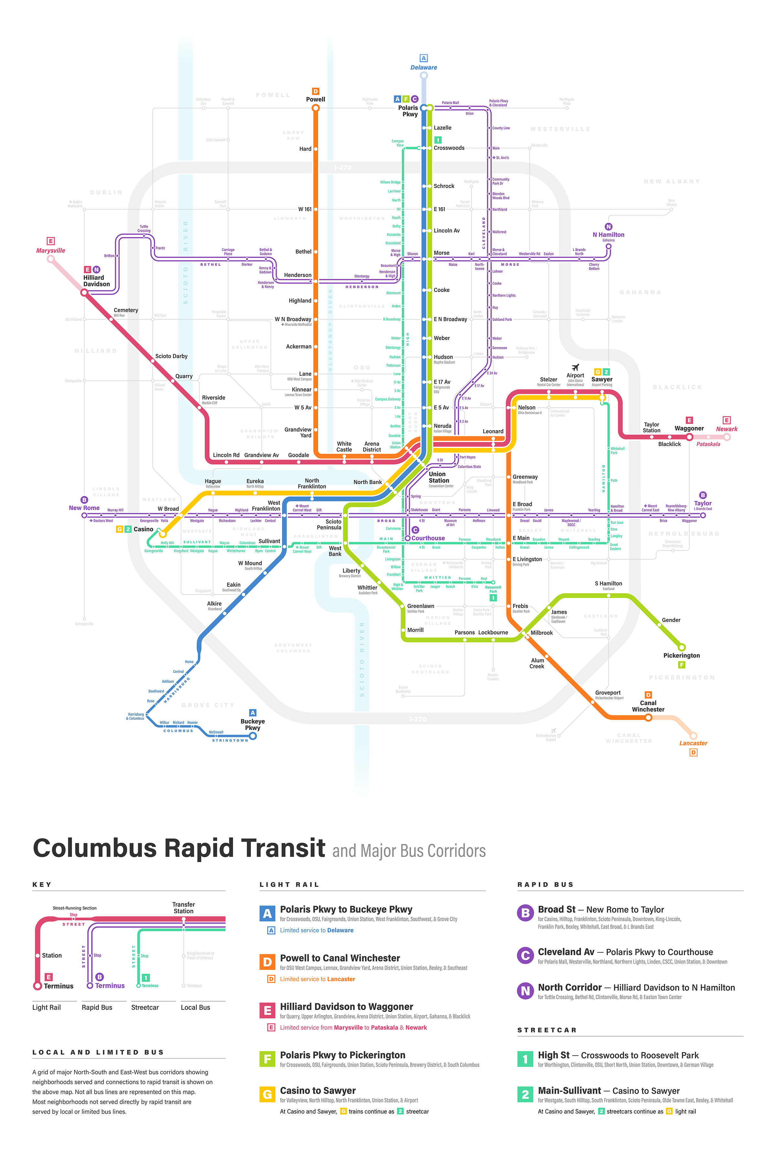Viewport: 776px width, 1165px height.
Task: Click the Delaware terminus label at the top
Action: click(424, 67)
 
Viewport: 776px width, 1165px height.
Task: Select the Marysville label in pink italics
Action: click(50, 250)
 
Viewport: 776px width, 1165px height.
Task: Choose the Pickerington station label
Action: click(682, 655)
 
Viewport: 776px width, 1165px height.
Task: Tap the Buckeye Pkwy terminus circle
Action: click(253, 736)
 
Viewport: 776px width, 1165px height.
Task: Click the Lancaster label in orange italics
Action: click(693, 743)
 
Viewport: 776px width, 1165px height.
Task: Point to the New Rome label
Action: click(84, 508)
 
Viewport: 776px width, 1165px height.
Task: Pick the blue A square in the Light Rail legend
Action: click(267, 913)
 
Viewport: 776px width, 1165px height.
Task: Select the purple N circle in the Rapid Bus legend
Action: click(525, 991)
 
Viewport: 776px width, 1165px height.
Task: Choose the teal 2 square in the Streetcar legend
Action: click(525, 1095)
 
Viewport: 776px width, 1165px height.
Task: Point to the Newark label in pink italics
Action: click(727, 429)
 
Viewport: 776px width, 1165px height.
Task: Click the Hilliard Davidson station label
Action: click(96, 281)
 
